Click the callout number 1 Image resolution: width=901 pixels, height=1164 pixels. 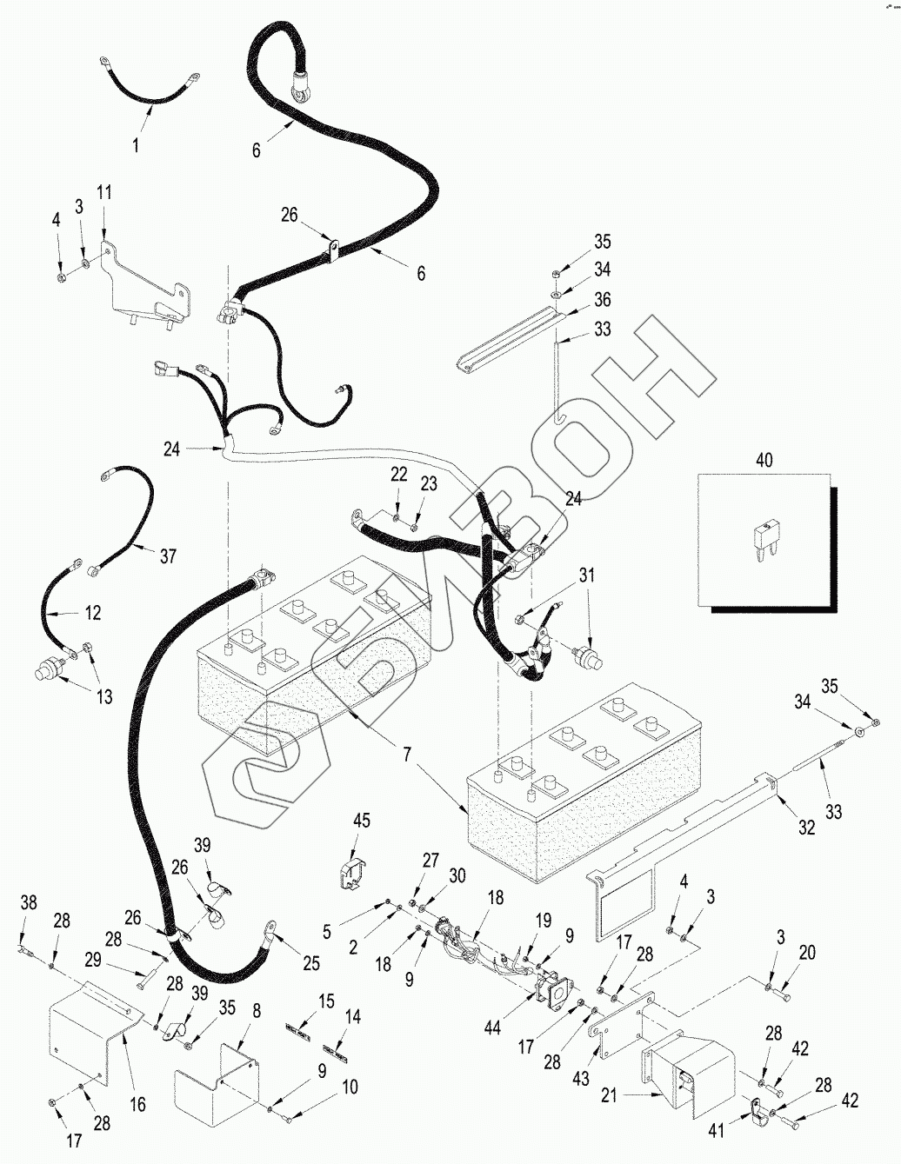click(136, 144)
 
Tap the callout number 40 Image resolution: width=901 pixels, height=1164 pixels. click(764, 460)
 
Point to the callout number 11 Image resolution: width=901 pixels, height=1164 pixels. click(104, 192)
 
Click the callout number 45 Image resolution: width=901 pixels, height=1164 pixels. click(362, 821)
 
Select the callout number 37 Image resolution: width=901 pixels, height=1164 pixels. click(167, 555)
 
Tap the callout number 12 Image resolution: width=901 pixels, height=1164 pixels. click(92, 613)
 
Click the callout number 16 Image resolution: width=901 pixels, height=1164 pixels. click(137, 1106)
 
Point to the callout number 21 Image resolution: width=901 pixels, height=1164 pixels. click(609, 1096)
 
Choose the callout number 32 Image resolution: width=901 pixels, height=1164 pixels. click(807, 828)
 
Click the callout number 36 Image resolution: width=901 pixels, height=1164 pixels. click(603, 299)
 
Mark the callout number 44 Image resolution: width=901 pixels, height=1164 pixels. click(493, 1028)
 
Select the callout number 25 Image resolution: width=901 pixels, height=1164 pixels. click(310, 963)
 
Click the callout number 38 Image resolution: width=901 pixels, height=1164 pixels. click(29, 903)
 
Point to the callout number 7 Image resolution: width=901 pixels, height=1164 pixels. click(407, 755)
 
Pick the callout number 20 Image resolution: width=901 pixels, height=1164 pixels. click(807, 953)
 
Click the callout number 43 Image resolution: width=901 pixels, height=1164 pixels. click(581, 1079)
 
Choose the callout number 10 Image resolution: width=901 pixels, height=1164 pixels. click(349, 1087)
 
